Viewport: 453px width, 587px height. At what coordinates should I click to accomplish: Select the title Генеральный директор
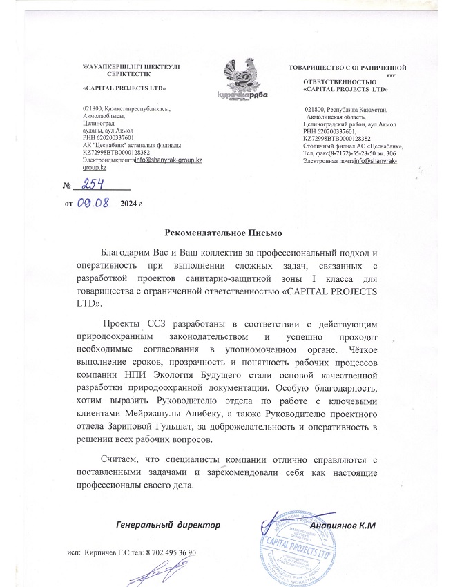(x=168, y=525)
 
